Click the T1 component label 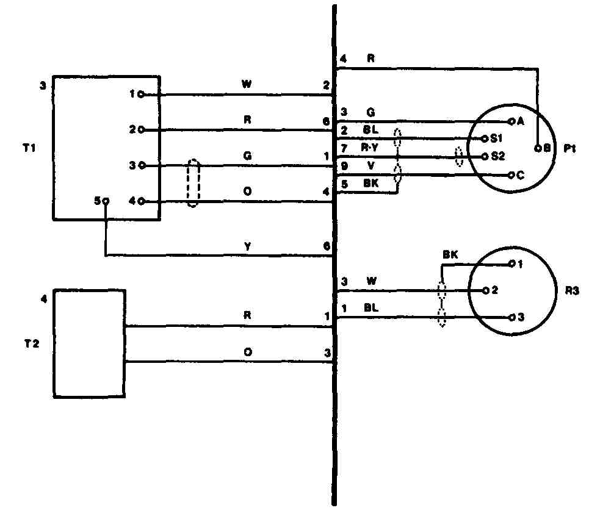(x=29, y=148)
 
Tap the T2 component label (x=32, y=343)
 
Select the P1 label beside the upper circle (x=569, y=148)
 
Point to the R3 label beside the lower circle (x=572, y=290)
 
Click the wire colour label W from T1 (x=247, y=84)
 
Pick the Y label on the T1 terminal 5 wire (x=247, y=246)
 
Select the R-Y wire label (x=369, y=148)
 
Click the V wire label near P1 (x=370, y=165)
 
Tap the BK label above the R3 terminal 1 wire (x=450, y=255)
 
